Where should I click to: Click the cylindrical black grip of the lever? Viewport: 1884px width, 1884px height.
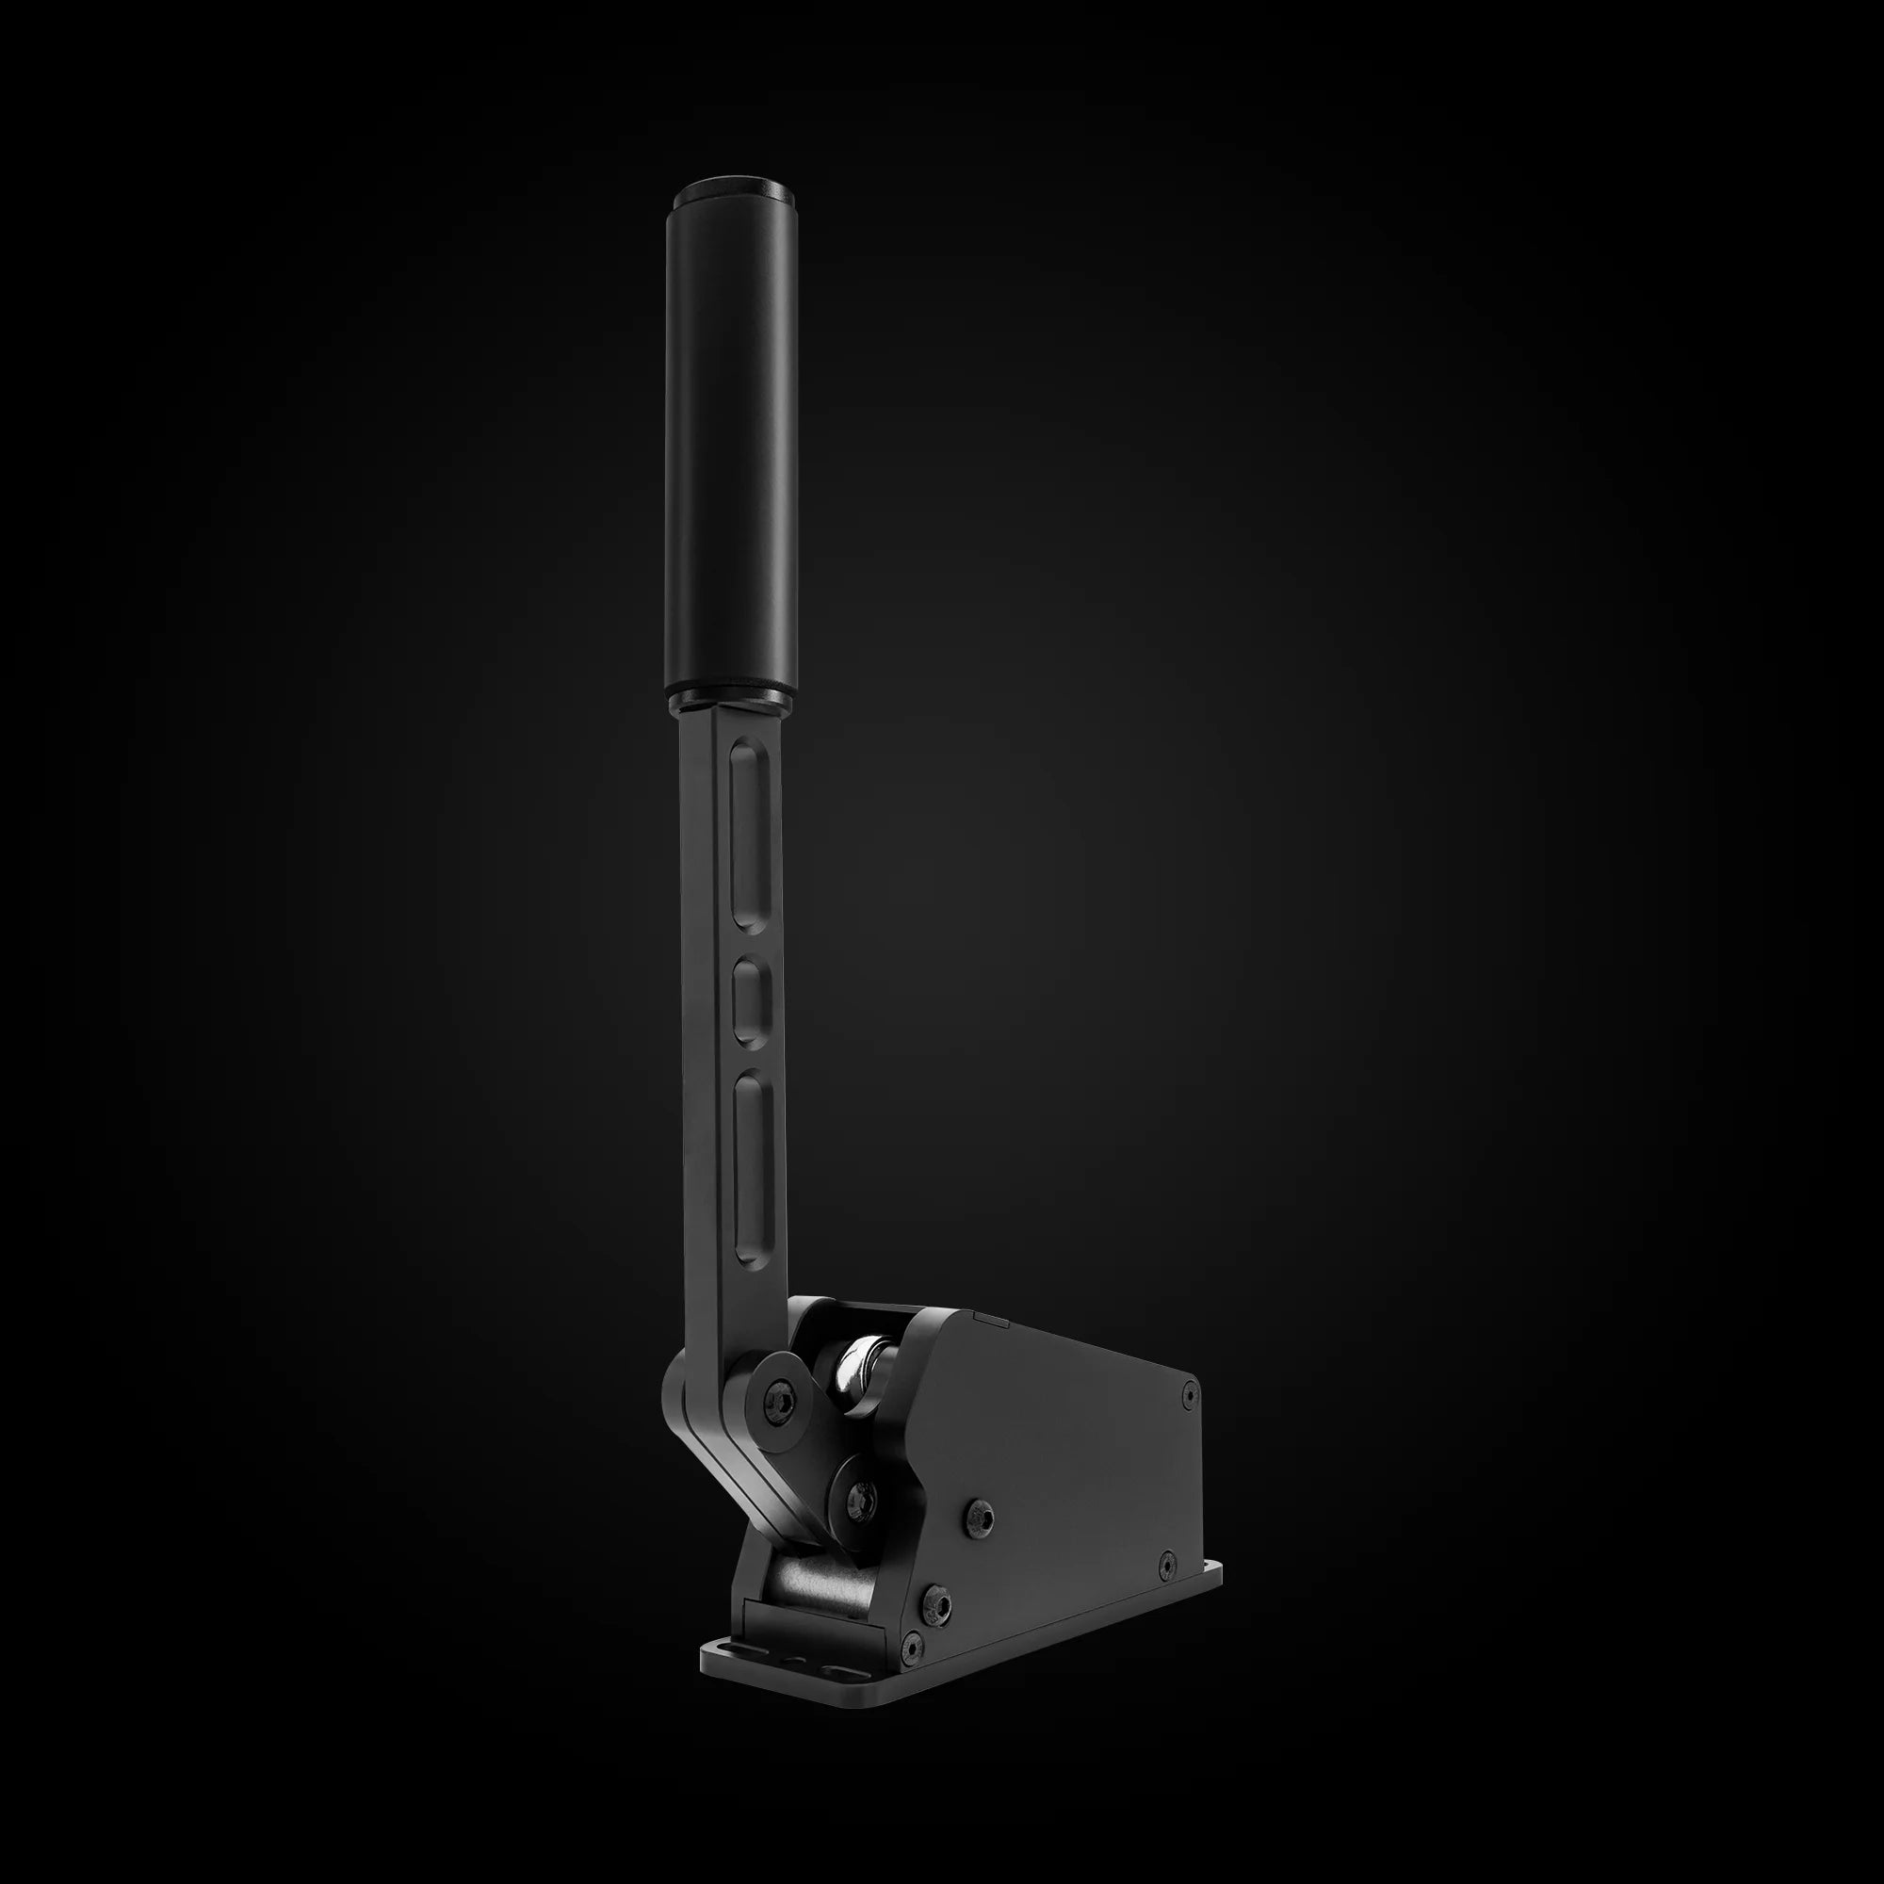click(732, 439)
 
